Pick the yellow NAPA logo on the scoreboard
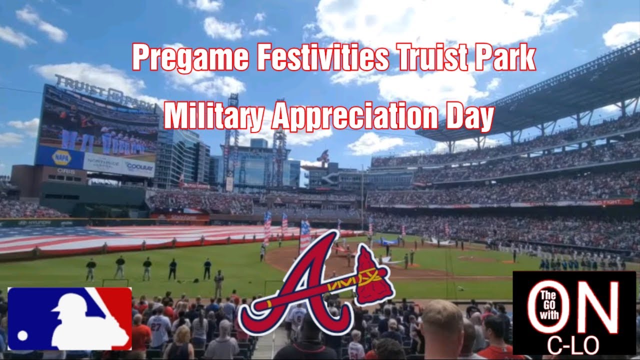(61, 157)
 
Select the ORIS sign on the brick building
(65, 171)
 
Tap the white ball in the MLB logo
(22, 334)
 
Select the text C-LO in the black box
(573, 345)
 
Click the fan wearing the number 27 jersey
(159, 327)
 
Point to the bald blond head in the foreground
(442, 320)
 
